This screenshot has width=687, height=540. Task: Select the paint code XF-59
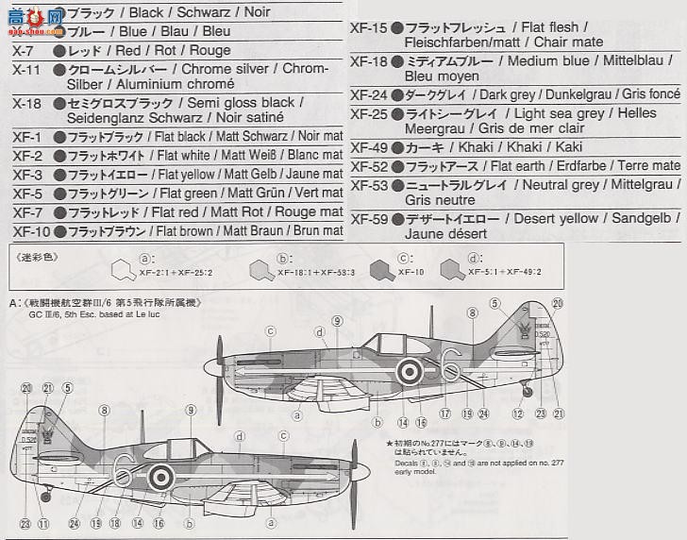coord(367,219)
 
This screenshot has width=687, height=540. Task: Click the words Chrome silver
coord(221,70)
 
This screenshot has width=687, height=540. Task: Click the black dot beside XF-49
coord(397,147)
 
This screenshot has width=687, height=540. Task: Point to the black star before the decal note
coord(389,443)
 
